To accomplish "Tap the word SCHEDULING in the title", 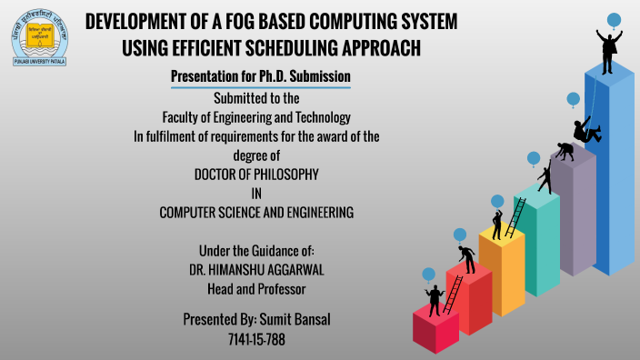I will pyautogui.click(x=291, y=45).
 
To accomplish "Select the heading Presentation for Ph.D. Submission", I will pyautogui.click(x=261, y=77).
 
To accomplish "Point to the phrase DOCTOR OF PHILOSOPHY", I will pyautogui.click(x=256, y=174).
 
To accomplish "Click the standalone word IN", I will pyautogui.click(x=256, y=193).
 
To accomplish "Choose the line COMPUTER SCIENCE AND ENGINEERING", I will pyautogui.click(x=256, y=212).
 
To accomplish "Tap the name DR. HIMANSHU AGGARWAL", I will pyautogui.click(x=256, y=269).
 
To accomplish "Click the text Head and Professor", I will pyautogui.click(x=256, y=288).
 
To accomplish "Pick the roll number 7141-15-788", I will pyautogui.click(x=256, y=339).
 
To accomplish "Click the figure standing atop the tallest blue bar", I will pyautogui.click(x=609, y=45).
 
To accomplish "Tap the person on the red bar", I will pyautogui.click(x=467, y=258).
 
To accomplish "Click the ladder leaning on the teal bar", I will pyautogui.click(x=515, y=218).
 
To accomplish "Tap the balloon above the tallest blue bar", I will pyautogui.click(x=614, y=19).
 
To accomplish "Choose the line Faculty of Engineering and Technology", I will pyautogui.click(x=256, y=117).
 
